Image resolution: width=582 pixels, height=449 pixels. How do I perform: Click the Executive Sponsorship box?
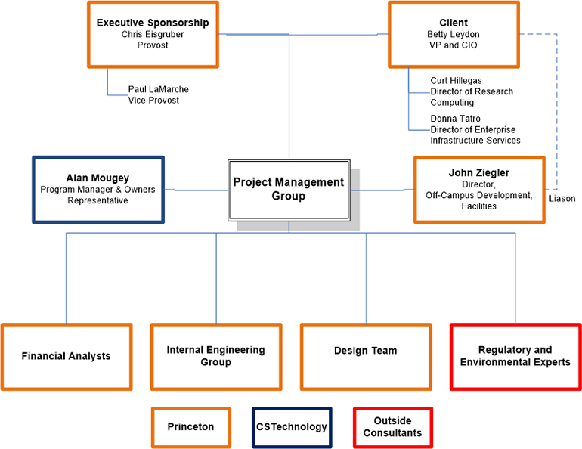(x=153, y=34)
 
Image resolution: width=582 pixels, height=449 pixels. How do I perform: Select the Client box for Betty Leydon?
(x=454, y=34)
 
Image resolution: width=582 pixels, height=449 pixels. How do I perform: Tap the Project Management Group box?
(x=289, y=189)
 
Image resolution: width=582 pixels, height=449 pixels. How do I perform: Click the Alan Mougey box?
(x=98, y=189)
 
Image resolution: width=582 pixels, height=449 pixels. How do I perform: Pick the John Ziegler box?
(x=479, y=189)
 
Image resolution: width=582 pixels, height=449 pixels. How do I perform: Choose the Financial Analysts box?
(x=67, y=356)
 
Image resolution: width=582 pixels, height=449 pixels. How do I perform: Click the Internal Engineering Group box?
(x=216, y=356)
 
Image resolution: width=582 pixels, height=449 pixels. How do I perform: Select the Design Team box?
(x=366, y=356)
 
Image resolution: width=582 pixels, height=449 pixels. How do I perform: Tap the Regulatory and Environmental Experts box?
(x=515, y=356)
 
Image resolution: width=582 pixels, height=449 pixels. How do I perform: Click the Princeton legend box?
(x=190, y=427)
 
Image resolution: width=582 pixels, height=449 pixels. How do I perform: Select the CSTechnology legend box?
(x=292, y=427)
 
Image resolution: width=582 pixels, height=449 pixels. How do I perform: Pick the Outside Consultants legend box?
(x=392, y=427)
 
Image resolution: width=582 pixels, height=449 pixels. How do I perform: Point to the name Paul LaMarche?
(x=159, y=89)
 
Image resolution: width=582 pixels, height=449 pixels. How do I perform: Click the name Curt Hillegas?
(x=456, y=80)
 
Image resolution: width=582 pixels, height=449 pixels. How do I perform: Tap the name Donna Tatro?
(x=455, y=119)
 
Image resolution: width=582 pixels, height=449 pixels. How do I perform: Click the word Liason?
(x=562, y=199)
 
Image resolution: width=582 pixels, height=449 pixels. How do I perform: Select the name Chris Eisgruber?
(x=153, y=34)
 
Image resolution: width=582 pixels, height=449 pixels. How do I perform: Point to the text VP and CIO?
(x=454, y=45)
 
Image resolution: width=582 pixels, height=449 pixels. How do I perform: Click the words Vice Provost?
(x=154, y=101)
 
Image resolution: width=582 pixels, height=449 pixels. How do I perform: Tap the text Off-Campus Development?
(x=478, y=195)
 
